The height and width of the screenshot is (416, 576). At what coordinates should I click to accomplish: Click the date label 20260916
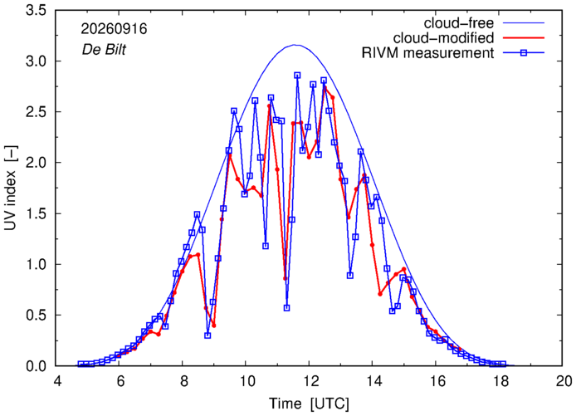click(114, 29)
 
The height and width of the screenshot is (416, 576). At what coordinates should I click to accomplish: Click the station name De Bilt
click(104, 49)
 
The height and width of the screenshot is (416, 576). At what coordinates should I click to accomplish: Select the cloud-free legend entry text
click(459, 23)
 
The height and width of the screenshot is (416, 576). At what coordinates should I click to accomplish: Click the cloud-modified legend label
click(443, 38)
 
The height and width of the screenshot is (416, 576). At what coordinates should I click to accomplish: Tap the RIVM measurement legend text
click(428, 53)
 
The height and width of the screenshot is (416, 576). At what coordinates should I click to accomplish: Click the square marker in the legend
click(524, 53)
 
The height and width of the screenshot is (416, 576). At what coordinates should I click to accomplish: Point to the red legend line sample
click(524, 38)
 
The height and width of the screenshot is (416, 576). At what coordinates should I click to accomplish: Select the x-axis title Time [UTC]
click(309, 404)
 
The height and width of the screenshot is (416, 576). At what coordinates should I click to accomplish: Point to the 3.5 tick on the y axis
click(36, 10)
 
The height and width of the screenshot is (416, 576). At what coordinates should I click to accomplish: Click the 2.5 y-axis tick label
click(36, 112)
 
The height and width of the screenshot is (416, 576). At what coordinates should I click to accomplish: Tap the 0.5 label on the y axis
click(36, 315)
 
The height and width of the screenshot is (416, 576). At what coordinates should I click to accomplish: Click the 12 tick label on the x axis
click(309, 381)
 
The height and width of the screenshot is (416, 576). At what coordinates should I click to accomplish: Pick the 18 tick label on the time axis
click(499, 381)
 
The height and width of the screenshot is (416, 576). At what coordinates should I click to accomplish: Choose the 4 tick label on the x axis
click(57, 381)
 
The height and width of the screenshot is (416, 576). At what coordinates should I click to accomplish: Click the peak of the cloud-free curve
click(296, 45)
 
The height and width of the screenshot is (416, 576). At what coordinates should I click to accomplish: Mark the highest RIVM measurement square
click(297, 76)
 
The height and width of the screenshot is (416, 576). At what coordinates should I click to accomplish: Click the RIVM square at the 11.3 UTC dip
click(286, 308)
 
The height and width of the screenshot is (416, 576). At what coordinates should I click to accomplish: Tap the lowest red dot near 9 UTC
click(214, 325)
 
